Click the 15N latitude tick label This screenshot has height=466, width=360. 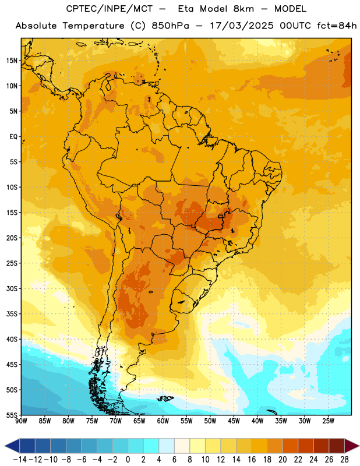tap(12, 61)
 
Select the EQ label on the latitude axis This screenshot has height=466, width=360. tap(13, 137)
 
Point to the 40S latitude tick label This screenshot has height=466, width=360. tap(12, 339)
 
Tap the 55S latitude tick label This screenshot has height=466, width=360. tap(12, 415)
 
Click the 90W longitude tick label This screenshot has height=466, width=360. tap(21, 421)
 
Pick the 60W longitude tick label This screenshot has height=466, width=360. tap(163, 421)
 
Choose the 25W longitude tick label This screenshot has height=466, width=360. tap(328, 421)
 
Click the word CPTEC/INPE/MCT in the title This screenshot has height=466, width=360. tap(110, 9)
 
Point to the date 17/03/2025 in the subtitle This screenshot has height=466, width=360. tap(241, 26)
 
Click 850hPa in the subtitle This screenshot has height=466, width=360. tap(170, 26)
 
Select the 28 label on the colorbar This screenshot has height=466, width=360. tap(344, 460)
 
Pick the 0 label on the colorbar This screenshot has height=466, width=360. tap(128, 460)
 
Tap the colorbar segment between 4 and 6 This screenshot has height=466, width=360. tap(167, 446)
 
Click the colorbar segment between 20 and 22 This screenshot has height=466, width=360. tap(290, 446)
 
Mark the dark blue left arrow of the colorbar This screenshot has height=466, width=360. tap(12, 446)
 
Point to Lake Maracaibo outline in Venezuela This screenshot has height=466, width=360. tap(109, 84)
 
